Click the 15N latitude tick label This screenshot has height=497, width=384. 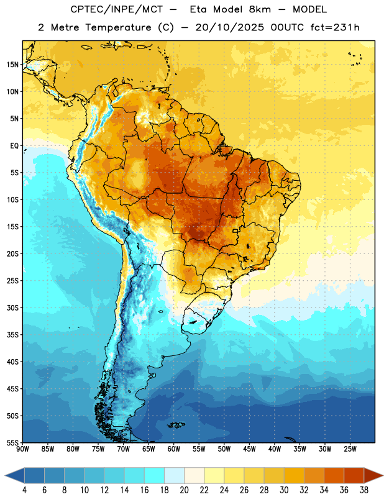[12, 65]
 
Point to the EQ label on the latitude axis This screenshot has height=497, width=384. [14, 146]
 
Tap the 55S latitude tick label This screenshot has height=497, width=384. [12, 443]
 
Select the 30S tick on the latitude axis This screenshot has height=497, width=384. [12, 308]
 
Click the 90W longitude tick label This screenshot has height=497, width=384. [22, 449]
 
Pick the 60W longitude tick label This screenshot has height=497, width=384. [174, 449]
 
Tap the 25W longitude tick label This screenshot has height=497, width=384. [350, 449]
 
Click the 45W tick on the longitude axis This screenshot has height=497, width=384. [249, 449]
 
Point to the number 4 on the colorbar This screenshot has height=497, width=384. [24, 490]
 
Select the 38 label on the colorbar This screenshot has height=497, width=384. [363, 490]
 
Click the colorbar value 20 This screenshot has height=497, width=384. [184, 490]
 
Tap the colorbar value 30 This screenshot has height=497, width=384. [284, 490]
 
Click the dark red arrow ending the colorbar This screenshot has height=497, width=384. [373, 475]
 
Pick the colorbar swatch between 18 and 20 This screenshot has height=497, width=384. [174, 475]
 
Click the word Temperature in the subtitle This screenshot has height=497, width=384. [118, 27]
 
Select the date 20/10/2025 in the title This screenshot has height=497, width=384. [229, 27]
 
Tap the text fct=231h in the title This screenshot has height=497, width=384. [335, 27]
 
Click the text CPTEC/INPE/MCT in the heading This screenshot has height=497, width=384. [117, 9]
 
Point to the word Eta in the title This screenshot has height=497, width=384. [198, 9]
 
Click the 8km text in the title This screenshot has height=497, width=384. [260, 9]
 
